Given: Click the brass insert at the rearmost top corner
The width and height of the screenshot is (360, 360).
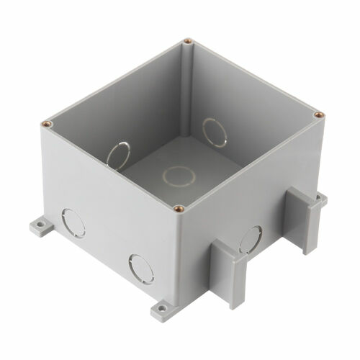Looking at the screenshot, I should (x=187, y=41).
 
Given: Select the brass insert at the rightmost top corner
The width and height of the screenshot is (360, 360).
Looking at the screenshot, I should (x=317, y=112).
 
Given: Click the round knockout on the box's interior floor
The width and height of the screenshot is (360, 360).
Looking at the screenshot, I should (x=175, y=174).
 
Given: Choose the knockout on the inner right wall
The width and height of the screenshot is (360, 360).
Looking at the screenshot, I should (x=213, y=132).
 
